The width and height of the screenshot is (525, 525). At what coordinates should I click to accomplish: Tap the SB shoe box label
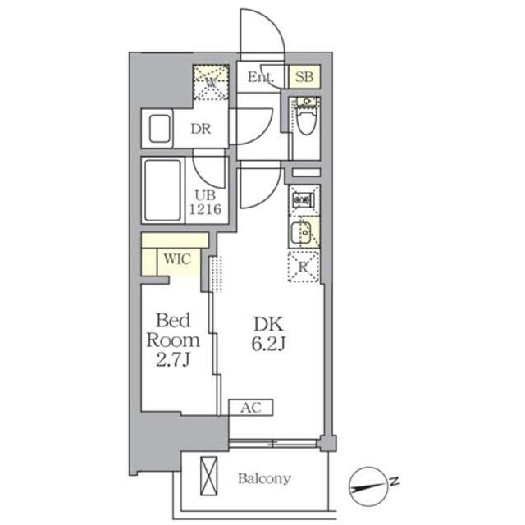304,77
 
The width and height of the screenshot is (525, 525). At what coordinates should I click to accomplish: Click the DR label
202,129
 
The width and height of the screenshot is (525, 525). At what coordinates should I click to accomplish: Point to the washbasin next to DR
159,128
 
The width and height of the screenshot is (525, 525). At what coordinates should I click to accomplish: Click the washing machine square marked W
211,82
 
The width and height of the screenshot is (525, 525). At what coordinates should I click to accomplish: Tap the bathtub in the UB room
162,189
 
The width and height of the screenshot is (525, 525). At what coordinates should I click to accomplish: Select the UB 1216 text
206,202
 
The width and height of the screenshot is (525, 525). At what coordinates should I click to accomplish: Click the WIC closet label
176,258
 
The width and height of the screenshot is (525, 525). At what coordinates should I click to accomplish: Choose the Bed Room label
173,329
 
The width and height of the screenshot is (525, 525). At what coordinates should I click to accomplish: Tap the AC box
251,408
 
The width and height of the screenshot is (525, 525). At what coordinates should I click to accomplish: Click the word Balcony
264,478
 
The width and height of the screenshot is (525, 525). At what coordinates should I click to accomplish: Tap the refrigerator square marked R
304,266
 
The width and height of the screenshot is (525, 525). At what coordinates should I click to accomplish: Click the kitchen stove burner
304,199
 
